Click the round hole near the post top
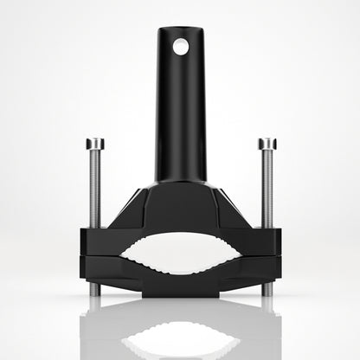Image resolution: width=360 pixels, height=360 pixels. tap(180, 47)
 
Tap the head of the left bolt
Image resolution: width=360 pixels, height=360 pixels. tap(95, 143)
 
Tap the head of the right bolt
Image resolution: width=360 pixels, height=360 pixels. tap(266, 143)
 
